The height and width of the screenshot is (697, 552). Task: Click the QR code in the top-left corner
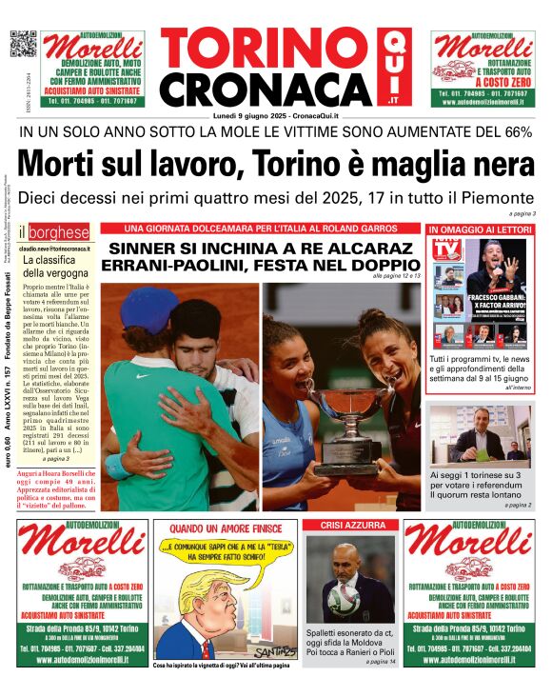point(24,45)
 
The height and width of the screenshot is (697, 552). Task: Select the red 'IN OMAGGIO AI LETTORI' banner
point(481,229)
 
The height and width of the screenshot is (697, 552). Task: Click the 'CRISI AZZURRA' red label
point(354,526)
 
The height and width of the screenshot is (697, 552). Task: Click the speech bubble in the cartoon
point(226,551)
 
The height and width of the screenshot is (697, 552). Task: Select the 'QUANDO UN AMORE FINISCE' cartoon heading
point(227,526)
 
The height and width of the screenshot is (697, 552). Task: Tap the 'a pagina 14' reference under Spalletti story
point(380,661)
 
